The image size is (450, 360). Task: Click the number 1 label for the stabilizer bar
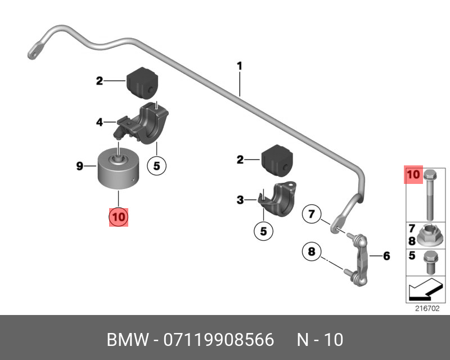[239, 66]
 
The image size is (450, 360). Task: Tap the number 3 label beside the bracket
[240, 199]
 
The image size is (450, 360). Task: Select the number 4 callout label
[99, 120]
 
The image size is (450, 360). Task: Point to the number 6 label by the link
[386, 256]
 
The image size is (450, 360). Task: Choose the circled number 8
[310, 251]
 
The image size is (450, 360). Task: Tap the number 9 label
[80, 165]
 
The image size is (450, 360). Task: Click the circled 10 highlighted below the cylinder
[119, 216]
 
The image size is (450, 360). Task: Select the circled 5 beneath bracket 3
[263, 230]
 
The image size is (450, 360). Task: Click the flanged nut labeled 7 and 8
[430, 233]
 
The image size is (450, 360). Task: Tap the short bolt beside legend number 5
[430, 259]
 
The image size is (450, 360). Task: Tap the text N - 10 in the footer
[319, 340]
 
